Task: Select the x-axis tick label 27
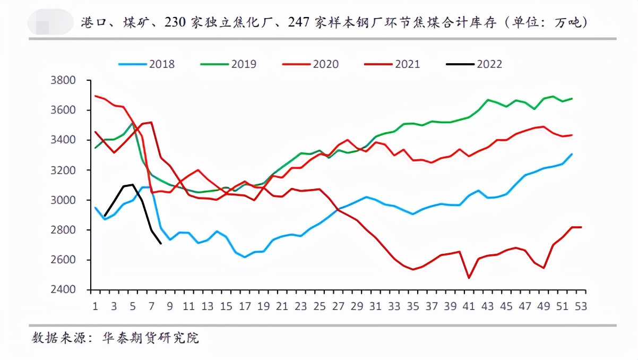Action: click(x=338, y=306)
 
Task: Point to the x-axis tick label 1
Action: click(x=96, y=306)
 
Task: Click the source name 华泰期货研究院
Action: click(x=151, y=338)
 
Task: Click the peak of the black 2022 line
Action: click(x=133, y=185)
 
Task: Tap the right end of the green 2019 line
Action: click(x=572, y=98)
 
